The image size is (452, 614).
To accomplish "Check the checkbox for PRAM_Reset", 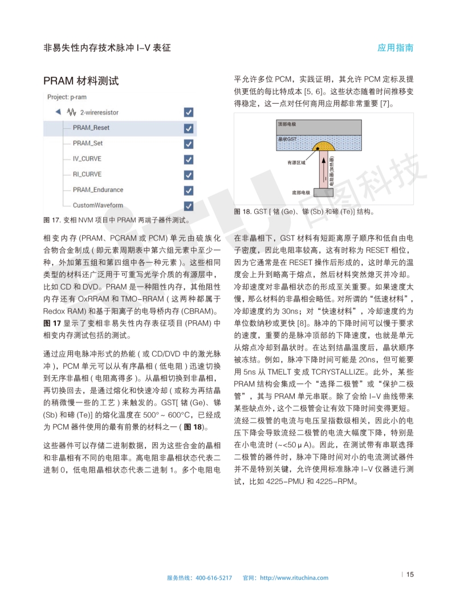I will (189, 128).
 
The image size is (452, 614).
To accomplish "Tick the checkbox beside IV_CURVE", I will (189, 159).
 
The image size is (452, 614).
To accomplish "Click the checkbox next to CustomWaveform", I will (189, 205).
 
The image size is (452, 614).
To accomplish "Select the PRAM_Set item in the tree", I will (87, 143).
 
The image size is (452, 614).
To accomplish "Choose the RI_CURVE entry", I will (87, 174).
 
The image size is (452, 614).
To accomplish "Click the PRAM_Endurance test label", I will (97, 190).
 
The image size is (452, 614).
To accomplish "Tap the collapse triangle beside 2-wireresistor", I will (58, 112).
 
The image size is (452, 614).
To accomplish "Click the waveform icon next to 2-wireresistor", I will (72, 112).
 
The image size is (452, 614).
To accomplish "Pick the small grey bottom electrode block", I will (324, 193).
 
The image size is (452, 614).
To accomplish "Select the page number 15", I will (410, 574).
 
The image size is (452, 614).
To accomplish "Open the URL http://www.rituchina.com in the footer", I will (294, 578).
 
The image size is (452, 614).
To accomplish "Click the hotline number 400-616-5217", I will (214, 578).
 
